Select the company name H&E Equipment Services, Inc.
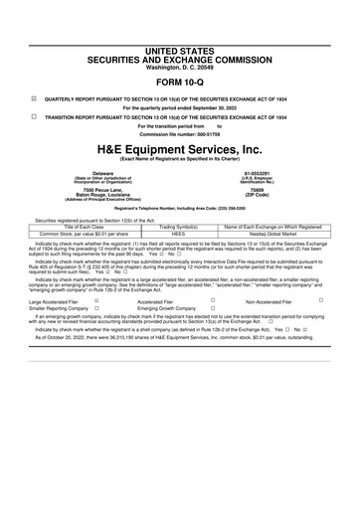pos(179,147)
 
